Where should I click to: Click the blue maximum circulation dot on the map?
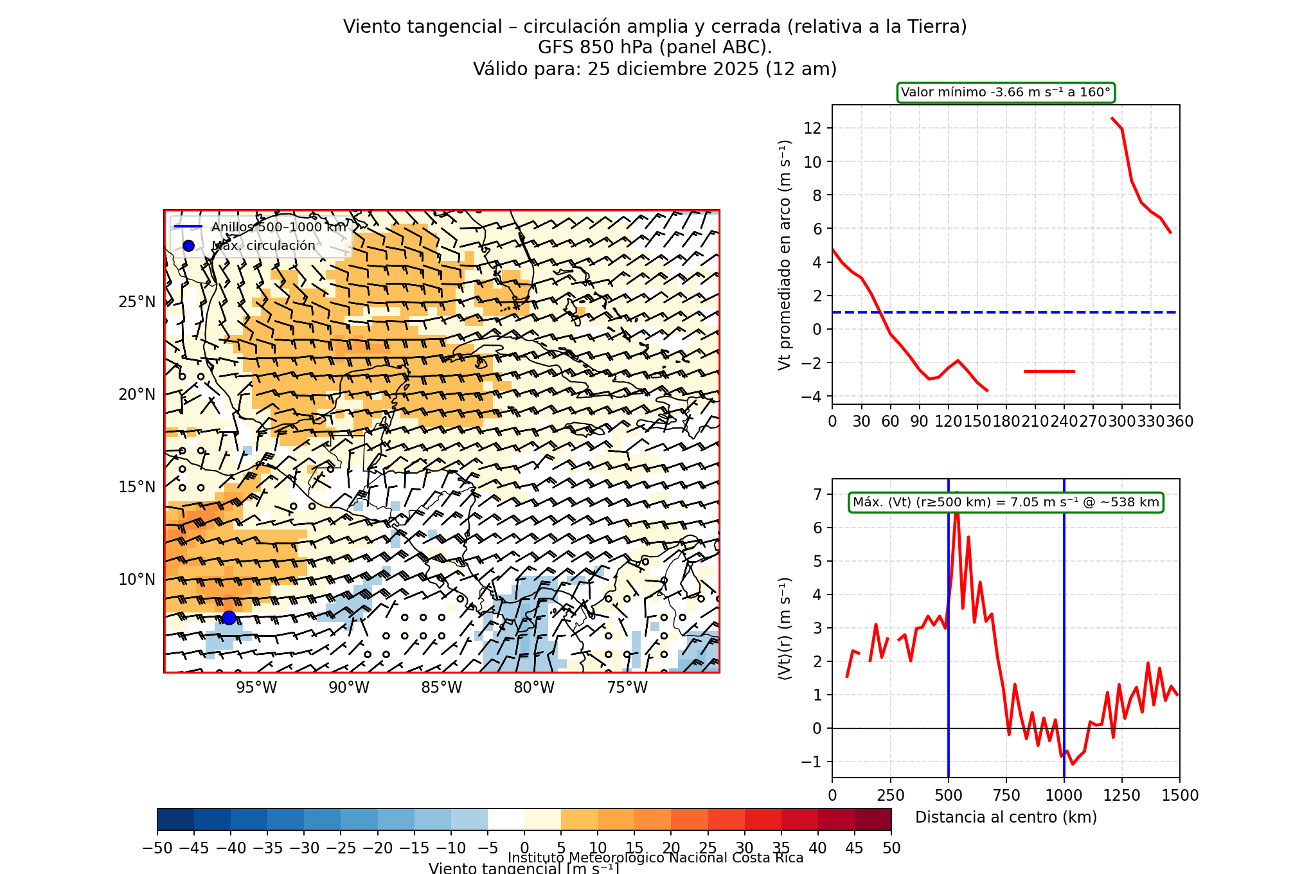(x=229, y=618)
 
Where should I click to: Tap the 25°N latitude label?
(x=137, y=302)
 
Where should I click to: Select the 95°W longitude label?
(x=256, y=688)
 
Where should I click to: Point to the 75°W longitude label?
(x=627, y=688)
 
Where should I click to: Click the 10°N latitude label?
(x=137, y=580)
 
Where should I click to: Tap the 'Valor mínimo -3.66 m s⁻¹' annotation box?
(x=1005, y=93)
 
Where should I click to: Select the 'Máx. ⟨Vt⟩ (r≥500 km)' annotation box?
(x=1006, y=503)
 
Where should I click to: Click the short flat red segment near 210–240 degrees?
(x=1049, y=371)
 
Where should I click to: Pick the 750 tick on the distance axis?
(x=1006, y=796)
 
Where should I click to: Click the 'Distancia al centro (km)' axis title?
(x=1006, y=817)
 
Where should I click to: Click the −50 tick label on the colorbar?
(x=157, y=848)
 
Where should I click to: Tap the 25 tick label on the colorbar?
(x=708, y=848)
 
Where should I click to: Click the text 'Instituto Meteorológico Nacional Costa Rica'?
(x=655, y=858)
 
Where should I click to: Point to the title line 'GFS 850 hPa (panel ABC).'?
(x=655, y=48)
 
